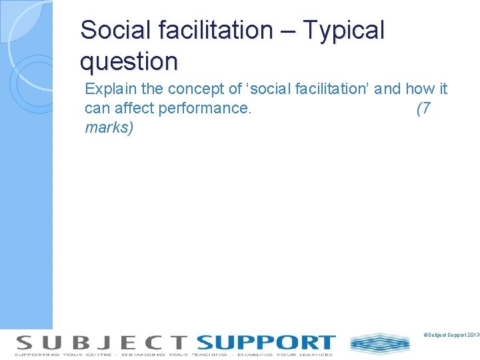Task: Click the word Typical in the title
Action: (343, 30)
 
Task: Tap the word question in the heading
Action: (129, 61)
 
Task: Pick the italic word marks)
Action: (109, 127)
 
